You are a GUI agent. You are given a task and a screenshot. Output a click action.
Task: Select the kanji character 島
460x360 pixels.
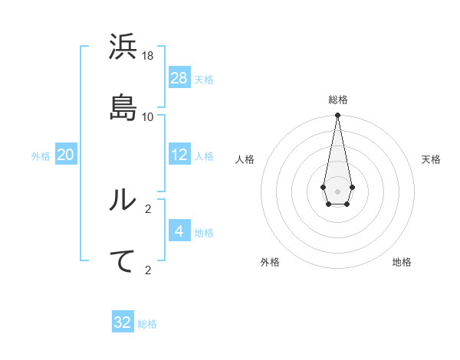(x=123, y=107)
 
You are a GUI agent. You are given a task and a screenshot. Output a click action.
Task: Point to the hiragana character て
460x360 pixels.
(x=123, y=260)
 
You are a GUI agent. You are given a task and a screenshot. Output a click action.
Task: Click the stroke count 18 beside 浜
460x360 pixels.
(x=148, y=56)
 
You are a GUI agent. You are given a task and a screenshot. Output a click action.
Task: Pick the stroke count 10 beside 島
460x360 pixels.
(x=148, y=116)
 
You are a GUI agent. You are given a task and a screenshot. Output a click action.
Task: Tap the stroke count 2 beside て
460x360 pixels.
(x=148, y=270)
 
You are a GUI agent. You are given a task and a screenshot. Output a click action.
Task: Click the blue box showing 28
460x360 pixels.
(x=179, y=78)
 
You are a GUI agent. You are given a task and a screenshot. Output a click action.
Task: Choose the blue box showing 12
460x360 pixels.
(x=179, y=155)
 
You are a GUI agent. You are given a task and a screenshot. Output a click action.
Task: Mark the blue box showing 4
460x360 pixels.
(x=179, y=231)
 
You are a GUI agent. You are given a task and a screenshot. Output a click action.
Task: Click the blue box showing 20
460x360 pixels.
(x=66, y=155)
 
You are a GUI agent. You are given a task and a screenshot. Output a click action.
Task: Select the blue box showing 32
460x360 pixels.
(x=123, y=322)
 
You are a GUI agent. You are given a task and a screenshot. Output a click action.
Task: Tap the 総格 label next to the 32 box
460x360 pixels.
(x=147, y=324)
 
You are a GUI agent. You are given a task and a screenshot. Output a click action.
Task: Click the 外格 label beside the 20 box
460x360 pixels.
(x=41, y=156)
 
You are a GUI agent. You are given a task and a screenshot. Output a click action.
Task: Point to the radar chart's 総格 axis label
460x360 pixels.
(x=337, y=100)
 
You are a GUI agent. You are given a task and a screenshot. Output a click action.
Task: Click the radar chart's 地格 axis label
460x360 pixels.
(x=402, y=262)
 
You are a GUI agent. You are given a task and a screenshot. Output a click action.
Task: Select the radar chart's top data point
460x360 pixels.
(x=337, y=116)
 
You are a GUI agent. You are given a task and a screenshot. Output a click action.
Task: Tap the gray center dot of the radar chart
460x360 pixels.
(x=337, y=190)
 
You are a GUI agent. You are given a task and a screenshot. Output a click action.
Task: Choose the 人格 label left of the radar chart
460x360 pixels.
(x=245, y=159)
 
